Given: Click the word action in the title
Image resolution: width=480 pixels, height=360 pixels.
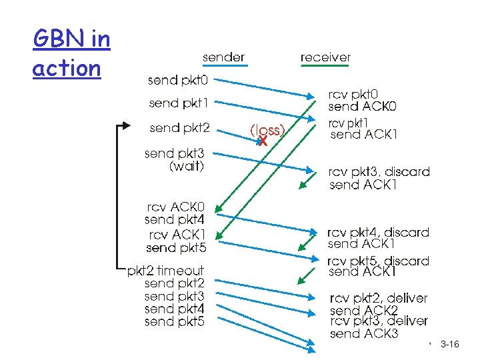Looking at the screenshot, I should [66, 68].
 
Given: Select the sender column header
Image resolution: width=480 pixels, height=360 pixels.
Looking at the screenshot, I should [223, 57].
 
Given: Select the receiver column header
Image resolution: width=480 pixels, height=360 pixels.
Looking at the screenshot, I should [325, 57].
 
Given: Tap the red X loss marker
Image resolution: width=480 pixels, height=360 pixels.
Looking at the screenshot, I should [262, 141].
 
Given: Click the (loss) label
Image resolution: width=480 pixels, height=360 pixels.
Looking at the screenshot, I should [267, 130].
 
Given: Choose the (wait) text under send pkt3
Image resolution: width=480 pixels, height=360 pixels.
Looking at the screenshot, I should [186, 166].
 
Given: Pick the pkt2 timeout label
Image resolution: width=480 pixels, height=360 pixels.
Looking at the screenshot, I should [166, 270].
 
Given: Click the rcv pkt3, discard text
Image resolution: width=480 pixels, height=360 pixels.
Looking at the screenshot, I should [379, 172].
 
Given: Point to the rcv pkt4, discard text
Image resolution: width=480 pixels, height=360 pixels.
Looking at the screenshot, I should [378, 232].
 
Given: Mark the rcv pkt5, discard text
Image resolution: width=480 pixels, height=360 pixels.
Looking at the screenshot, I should [378, 261].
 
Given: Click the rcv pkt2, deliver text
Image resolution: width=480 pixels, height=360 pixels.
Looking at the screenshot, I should [378, 298].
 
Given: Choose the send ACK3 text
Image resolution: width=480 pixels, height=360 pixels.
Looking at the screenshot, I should [364, 333].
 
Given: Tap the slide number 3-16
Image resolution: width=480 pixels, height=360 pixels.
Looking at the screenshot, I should [450, 344].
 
